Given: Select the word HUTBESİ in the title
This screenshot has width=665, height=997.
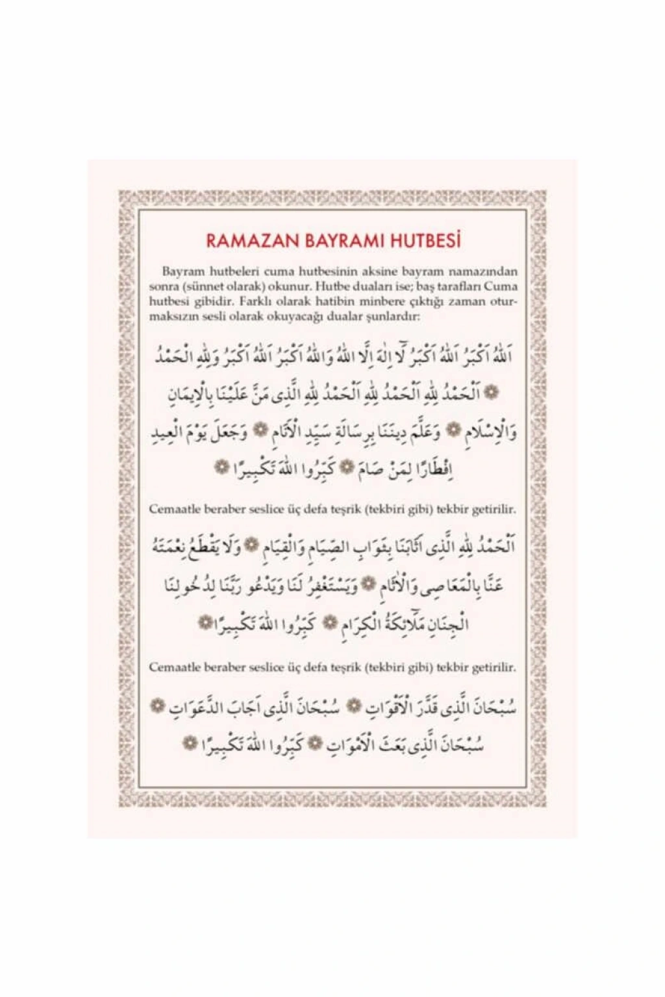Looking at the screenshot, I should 425,240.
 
